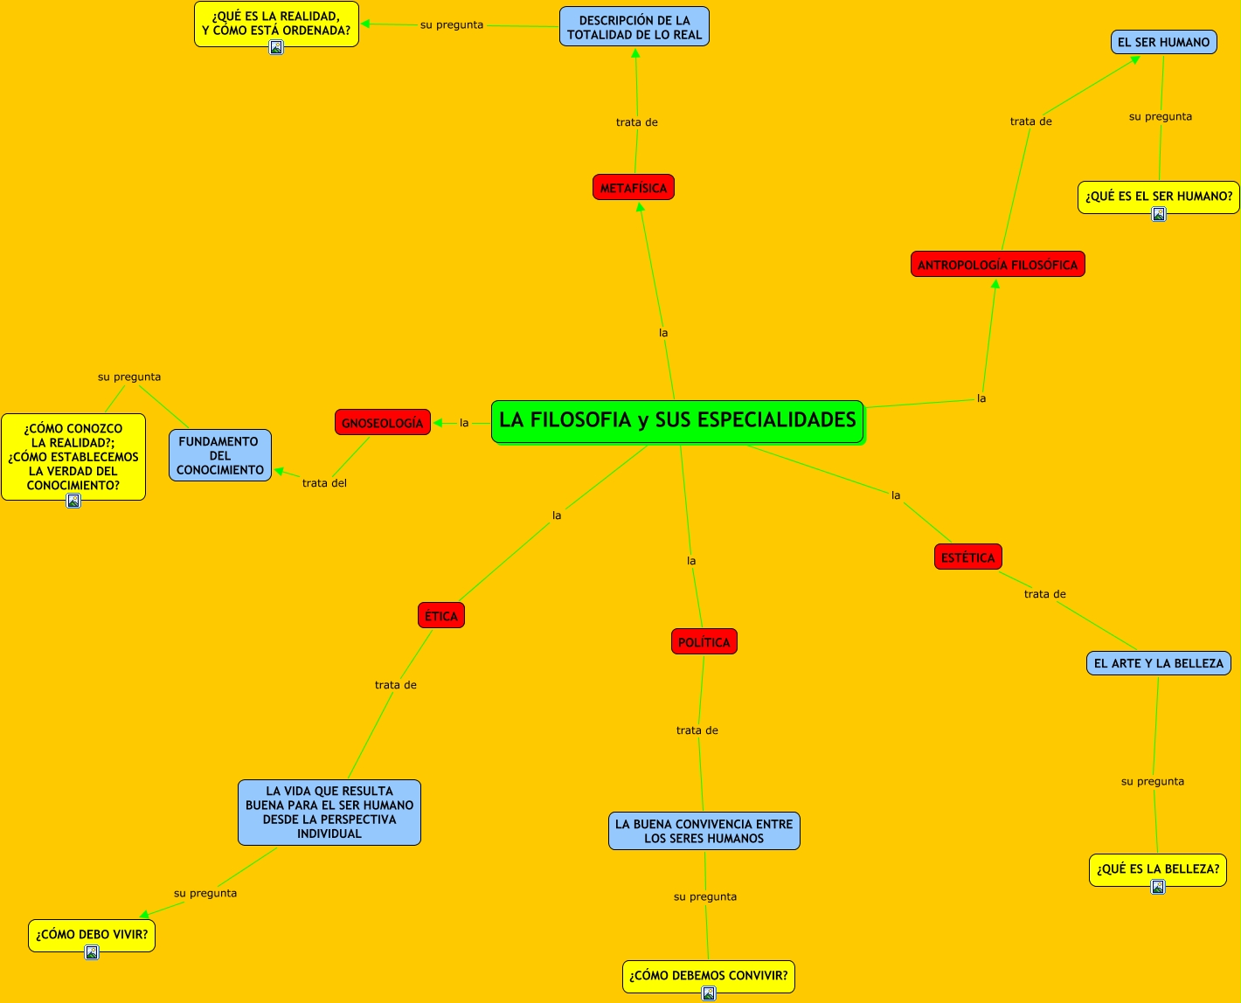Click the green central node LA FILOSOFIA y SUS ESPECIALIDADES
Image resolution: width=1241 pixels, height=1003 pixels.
(x=677, y=421)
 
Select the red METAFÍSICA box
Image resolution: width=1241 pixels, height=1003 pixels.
(x=634, y=188)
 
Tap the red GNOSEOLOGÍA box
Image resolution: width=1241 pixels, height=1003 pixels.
(x=383, y=423)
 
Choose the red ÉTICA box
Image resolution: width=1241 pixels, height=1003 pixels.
(x=441, y=616)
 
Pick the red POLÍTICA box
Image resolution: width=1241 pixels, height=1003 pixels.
(x=704, y=642)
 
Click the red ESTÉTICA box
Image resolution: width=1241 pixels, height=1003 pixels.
(x=968, y=557)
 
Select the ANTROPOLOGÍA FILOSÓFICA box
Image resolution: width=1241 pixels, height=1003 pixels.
(x=998, y=265)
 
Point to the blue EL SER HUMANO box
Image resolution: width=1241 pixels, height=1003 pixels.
(x=1163, y=42)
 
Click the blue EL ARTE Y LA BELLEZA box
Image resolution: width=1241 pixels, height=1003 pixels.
(x=1159, y=663)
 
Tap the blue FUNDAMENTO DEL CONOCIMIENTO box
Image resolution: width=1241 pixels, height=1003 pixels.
(x=220, y=455)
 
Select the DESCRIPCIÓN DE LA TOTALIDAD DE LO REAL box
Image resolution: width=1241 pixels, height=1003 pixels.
(x=634, y=27)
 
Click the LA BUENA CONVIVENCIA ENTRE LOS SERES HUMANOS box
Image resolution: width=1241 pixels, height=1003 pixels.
(x=704, y=831)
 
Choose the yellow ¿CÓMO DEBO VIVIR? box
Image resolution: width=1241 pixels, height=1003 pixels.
(x=92, y=934)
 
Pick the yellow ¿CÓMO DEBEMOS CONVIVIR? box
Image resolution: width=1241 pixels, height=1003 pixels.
(x=709, y=975)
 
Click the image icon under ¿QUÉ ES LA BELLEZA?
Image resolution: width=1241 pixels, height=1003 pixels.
(x=1158, y=887)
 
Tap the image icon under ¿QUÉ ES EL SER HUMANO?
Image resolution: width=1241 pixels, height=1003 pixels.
(x=1159, y=214)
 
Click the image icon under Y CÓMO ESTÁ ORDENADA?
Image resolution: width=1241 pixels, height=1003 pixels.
(x=276, y=48)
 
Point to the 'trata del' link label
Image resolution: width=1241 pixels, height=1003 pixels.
(x=324, y=483)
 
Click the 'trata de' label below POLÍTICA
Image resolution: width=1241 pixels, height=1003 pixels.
(x=697, y=730)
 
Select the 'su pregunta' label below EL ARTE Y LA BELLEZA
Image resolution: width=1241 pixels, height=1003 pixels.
(x=1153, y=781)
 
